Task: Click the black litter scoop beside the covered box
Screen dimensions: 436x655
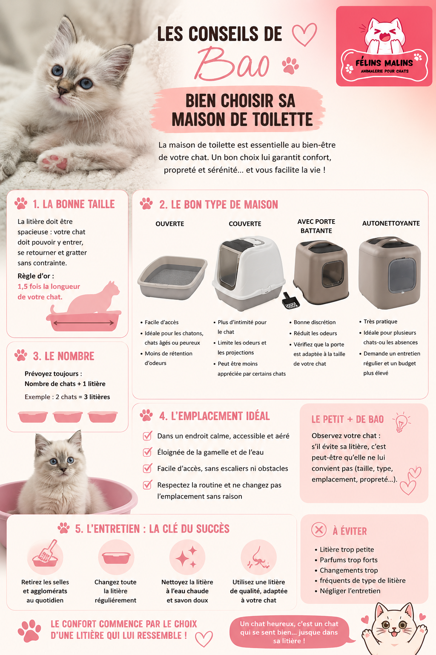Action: (x=290, y=301)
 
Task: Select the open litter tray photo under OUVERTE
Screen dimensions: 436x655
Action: (x=172, y=278)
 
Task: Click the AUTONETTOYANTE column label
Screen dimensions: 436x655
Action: (x=391, y=223)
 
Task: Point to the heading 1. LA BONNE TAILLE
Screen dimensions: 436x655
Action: (x=74, y=204)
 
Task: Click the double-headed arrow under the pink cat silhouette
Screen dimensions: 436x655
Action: (x=83, y=323)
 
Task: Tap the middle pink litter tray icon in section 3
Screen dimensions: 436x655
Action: (x=68, y=417)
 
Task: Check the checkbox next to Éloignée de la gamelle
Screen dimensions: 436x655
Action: (x=147, y=452)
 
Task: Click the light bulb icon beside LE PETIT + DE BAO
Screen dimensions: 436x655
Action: (x=401, y=422)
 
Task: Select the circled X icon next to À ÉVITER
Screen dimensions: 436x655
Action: (x=318, y=529)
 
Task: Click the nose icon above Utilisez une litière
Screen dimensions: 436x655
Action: (x=259, y=557)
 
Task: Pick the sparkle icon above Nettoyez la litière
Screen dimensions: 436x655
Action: (x=187, y=557)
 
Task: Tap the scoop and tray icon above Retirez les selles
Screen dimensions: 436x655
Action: (x=45, y=554)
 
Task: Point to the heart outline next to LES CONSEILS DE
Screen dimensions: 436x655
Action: (x=304, y=34)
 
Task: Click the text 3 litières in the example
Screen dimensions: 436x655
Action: (x=97, y=397)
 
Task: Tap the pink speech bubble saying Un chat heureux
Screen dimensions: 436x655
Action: (x=289, y=632)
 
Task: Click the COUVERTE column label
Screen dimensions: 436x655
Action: (x=245, y=224)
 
